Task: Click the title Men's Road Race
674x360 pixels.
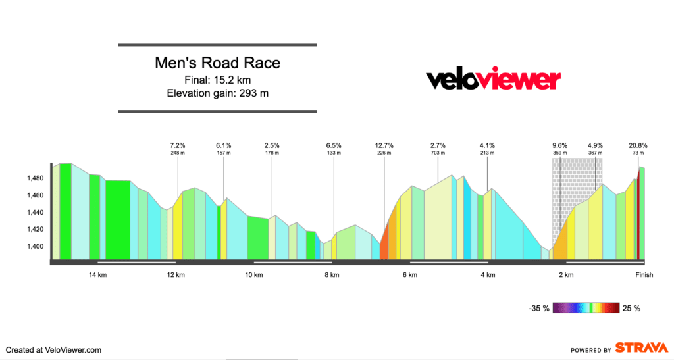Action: (x=217, y=63)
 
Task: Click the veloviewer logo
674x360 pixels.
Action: (x=494, y=80)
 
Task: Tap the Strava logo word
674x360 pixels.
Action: (x=641, y=348)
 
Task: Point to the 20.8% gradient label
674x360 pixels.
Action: (x=638, y=145)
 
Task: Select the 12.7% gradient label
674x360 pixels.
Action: (x=384, y=145)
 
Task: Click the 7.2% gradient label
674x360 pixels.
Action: (x=178, y=145)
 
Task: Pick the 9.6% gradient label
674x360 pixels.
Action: (x=559, y=145)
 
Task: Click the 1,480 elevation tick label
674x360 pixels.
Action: (x=34, y=178)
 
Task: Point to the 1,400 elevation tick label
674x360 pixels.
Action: (x=34, y=246)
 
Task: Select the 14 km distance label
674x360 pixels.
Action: (x=98, y=275)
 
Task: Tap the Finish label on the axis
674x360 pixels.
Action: (x=644, y=275)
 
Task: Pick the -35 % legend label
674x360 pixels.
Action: (x=538, y=308)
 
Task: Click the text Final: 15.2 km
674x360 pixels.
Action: (x=217, y=80)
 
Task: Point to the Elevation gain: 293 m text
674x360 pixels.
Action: (x=217, y=93)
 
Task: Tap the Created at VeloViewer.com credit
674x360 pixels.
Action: (x=54, y=351)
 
